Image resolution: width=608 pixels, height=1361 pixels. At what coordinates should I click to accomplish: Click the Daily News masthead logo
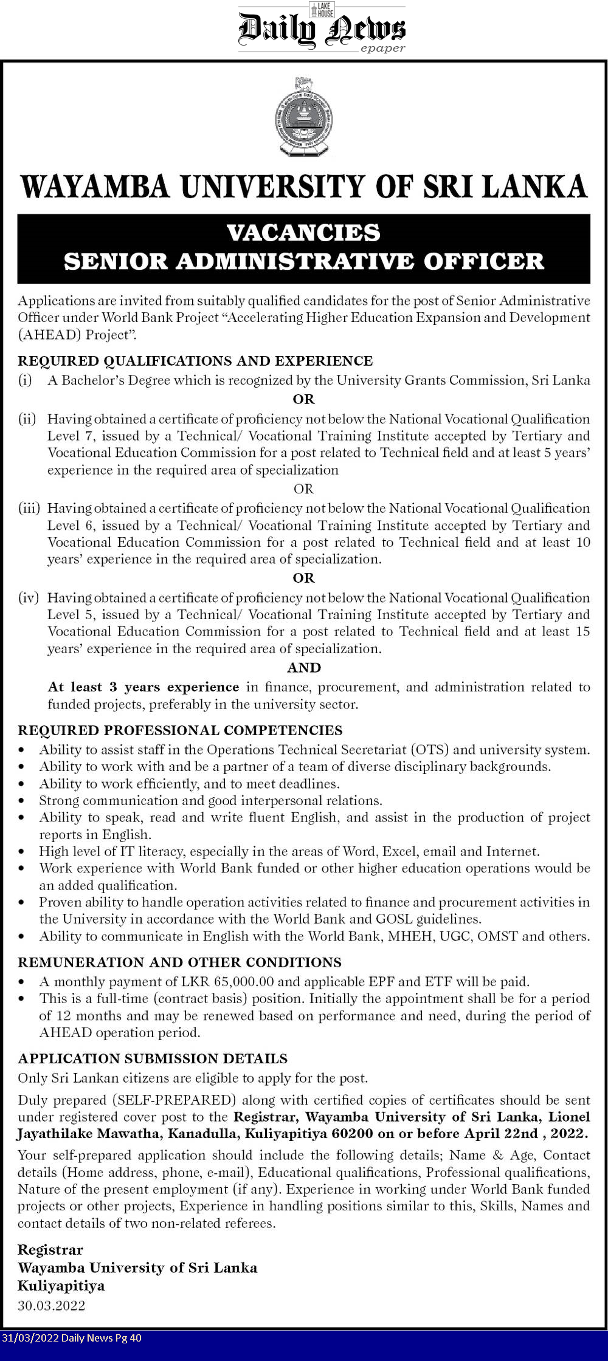pyautogui.click(x=321, y=29)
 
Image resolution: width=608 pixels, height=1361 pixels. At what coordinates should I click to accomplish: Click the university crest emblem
pyautogui.click(x=303, y=116)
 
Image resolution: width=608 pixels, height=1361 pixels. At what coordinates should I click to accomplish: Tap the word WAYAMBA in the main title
pyautogui.click(x=95, y=187)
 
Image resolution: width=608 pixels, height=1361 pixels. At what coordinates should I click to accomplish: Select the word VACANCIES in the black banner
pyautogui.click(x=303, y=232)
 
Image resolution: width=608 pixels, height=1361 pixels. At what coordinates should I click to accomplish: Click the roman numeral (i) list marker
pyautogui.click(x=25, y=380)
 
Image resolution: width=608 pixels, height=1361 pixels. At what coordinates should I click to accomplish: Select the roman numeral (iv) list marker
pyautogui.click(x=28, y=598)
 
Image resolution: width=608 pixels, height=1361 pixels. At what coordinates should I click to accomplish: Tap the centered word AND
pyautogui.click(x=303, y=668)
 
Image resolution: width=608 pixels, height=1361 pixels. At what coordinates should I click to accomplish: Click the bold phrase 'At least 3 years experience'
pyautogui.click(x=143, y=687)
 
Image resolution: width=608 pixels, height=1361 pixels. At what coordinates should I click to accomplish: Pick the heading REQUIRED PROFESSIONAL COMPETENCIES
pyautogui.click(x=180, y=730)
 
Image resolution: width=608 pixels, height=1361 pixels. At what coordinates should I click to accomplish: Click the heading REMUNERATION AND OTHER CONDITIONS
pyautogui.click(x=179, y=962)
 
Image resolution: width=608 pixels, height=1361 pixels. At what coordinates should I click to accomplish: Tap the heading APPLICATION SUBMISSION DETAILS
pyautogui.click(x=153, y=1058)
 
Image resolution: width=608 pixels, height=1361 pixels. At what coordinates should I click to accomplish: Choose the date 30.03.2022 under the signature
pyautogui.click(x=52, y=1306)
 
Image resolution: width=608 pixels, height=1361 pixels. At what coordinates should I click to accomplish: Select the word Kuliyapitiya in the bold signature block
pyautogui.click(x=61, y=1286)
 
